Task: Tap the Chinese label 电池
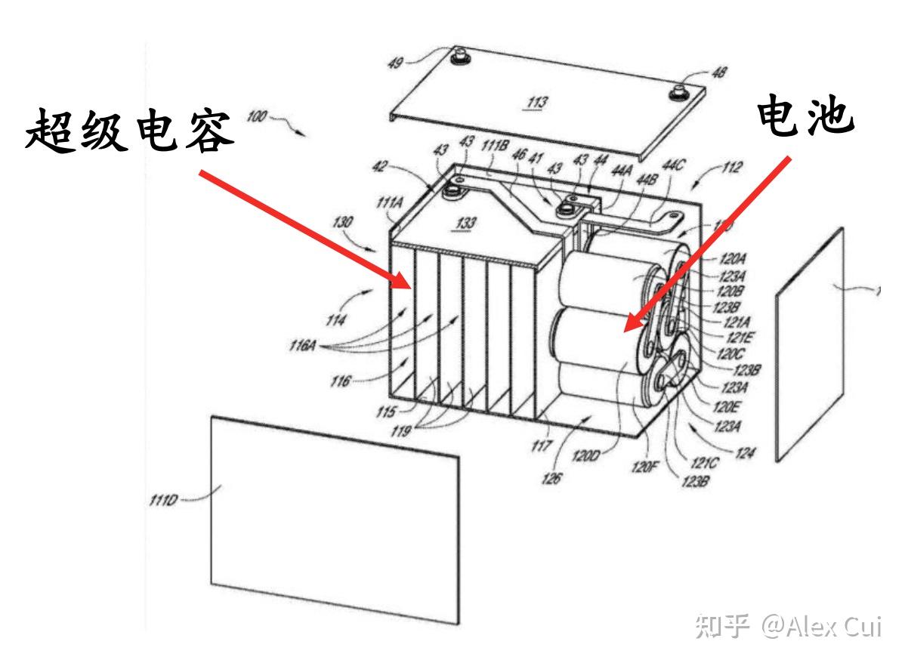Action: [x=806, y=120]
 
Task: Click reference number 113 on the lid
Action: [x=538, y=101]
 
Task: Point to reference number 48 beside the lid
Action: [x=719, y=72]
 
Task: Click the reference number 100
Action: [x=257, y=116]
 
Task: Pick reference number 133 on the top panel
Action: [x=466, y=223]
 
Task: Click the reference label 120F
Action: [x=641, y=467]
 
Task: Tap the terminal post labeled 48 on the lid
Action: [x=677, y=91]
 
